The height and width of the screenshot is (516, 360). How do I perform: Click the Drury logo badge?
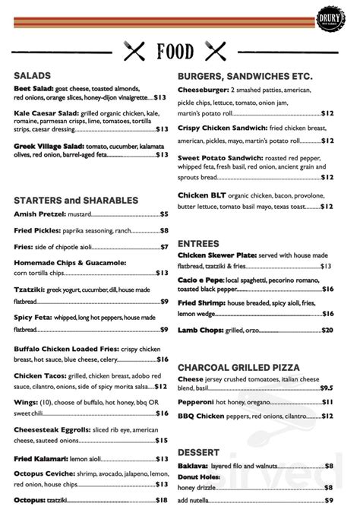(x=337, y=17)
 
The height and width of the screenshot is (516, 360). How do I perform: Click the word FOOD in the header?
(x=175, y=52)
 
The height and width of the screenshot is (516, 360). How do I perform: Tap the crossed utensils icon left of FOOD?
(x=134, y=52)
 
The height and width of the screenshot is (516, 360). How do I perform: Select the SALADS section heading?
(x=32, y=75)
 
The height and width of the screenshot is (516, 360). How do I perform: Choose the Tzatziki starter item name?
(x=30, y=290)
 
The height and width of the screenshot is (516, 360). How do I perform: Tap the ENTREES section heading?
(x=198, y=243)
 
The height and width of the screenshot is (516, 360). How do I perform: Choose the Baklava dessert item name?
(x=194, y=466)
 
